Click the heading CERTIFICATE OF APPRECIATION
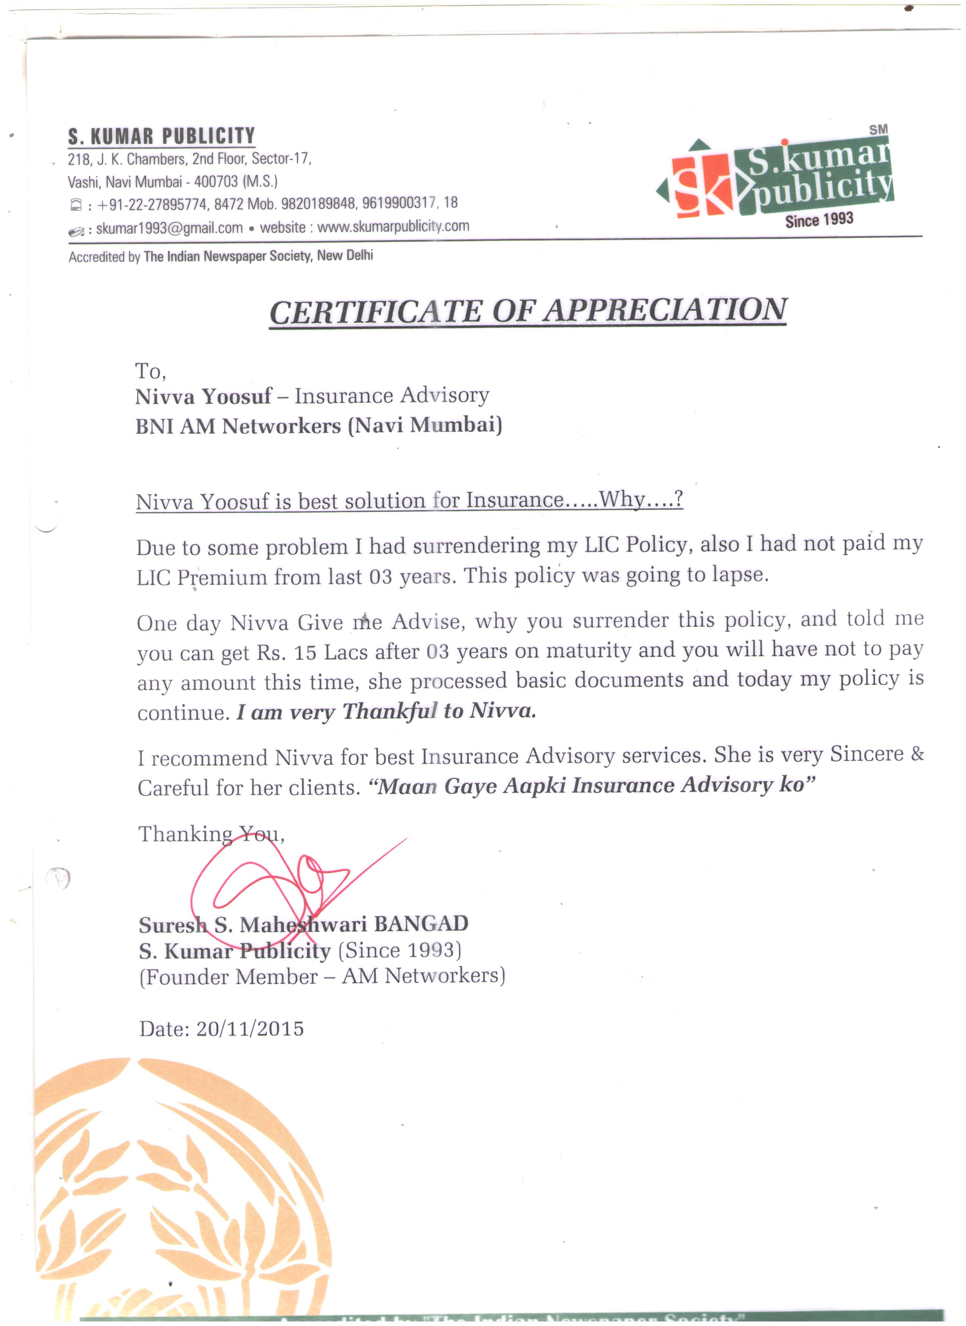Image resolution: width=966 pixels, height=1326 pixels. [528, 311]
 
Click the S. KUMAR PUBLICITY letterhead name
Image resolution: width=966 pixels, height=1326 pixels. [161, 136]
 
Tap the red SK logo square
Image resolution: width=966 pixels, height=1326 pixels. [702, 185]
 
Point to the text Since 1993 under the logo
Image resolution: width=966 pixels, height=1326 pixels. [819, 220]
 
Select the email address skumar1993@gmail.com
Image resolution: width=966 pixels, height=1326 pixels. [169, 228]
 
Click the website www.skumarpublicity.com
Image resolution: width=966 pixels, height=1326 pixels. [393, 226]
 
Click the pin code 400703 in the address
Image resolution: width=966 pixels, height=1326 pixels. [216, 181]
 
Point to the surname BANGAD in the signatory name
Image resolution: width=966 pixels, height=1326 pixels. [421, 924]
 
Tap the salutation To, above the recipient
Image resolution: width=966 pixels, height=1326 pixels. [151, 371]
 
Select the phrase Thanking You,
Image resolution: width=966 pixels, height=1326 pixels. [211, 834]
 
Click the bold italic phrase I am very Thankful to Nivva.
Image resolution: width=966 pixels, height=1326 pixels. [386, 712]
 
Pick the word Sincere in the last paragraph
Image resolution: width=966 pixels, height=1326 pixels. [867, 754]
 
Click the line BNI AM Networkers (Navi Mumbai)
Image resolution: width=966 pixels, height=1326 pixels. [319, 425]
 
